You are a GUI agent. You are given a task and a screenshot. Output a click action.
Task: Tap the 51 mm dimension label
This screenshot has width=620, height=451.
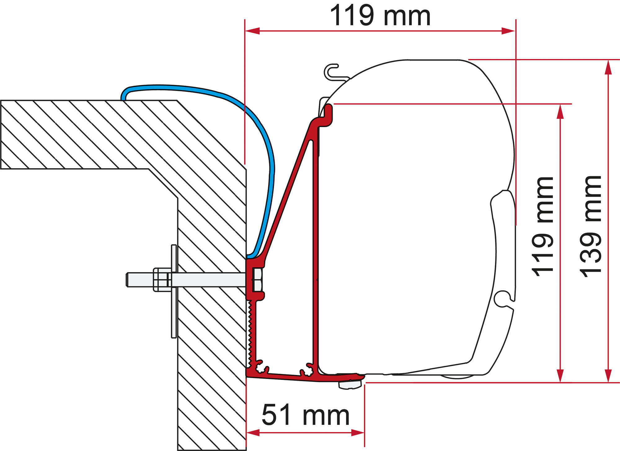[305, 415]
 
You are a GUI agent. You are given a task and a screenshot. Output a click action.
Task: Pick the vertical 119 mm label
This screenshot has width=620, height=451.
[542, 227]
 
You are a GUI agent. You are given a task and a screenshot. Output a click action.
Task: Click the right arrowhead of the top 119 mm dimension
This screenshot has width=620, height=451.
[508, 31]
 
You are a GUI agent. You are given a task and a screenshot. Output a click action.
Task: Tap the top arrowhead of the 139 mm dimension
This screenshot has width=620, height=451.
[608, 68]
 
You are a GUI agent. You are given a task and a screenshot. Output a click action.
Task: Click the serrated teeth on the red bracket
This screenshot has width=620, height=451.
[250, 332]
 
